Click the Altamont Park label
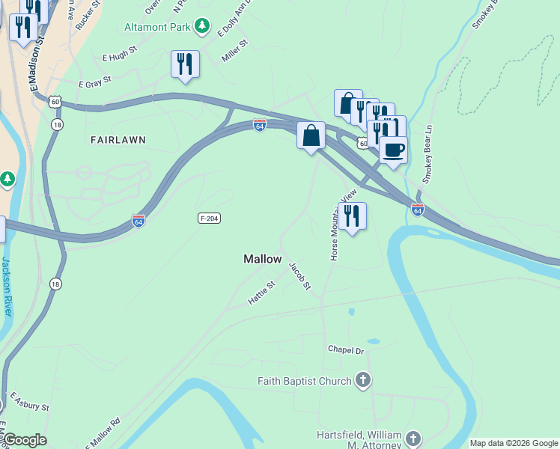click(157, 27)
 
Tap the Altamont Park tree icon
click(201, 27)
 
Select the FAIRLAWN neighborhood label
click(118, 140)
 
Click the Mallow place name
click(263, 259)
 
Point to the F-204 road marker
click(209, 218)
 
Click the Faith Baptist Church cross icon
click(362, 380)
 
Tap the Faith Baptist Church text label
click(305, 381)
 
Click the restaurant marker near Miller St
click(186, 64)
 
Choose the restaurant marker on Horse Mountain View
click(352, 216)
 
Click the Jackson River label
click(6, 286)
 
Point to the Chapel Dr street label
click(345, 350)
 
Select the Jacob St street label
click(299, 276)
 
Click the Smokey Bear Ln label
click(428, 153)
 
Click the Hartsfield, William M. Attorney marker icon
click(413, 439)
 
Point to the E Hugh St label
click(120, 56)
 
